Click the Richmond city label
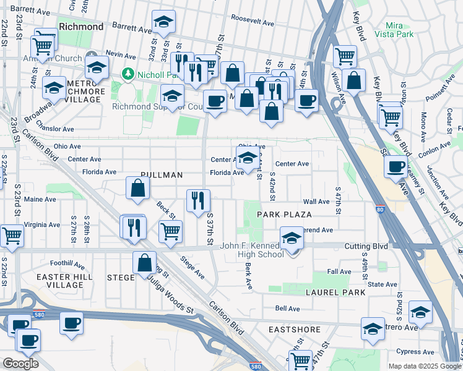pos(81,27)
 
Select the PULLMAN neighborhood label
pos(161,175)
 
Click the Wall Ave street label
pos(316,202)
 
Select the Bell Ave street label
pos(288,308)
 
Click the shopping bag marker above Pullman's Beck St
pos(137,188)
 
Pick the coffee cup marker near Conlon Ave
pos(396,166)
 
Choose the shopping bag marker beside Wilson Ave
pos(353,80)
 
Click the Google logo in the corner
pos(20,363)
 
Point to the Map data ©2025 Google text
pos(424,366)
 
